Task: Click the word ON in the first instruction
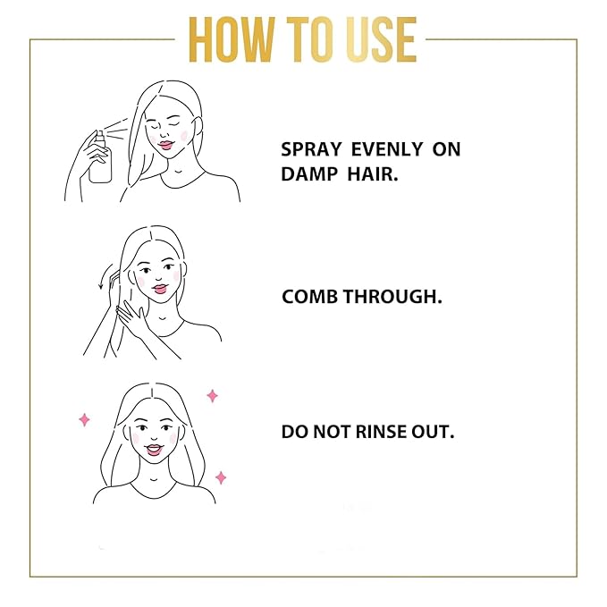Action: point(446,149)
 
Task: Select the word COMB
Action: point(308,297)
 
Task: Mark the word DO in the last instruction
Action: point(294,432)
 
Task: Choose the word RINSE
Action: point(383,432)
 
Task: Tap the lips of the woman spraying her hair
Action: point(167,144)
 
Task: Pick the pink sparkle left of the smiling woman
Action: point(85,418)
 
